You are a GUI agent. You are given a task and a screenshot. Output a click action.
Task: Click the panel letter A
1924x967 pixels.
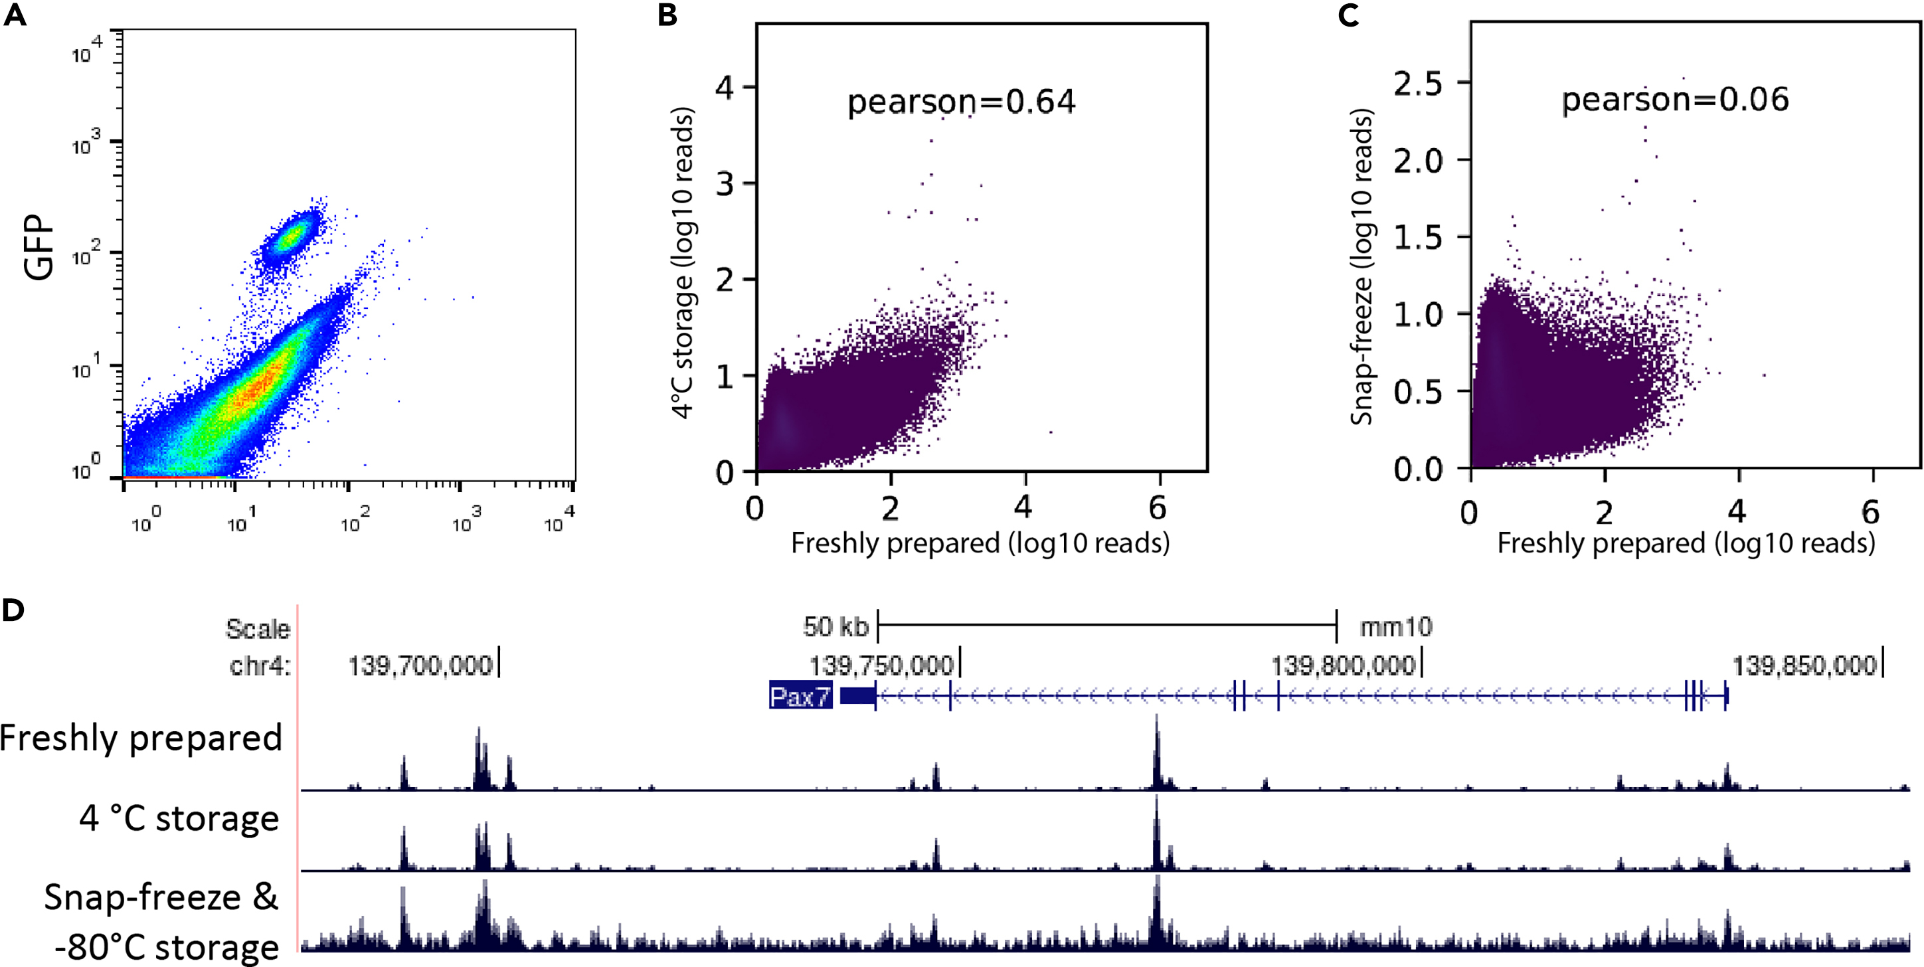click(x=15, y=15)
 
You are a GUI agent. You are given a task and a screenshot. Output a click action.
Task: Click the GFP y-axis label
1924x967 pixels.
click(x=39, y=248)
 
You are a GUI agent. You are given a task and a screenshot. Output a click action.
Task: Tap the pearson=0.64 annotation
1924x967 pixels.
click(x=960, y=102)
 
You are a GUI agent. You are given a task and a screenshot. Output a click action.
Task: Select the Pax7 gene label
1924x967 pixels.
click(x=800, y=696)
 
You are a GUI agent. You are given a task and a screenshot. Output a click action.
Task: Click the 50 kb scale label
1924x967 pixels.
click(x=835, y=626)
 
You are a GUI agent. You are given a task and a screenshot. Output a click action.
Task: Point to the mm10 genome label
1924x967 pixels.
click(x=1395, y=626)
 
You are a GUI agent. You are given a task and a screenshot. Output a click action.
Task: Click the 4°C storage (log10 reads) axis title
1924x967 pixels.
click(x=682, y=263)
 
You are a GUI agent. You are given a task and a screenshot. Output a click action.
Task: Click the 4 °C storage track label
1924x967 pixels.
click(x=179, y=818)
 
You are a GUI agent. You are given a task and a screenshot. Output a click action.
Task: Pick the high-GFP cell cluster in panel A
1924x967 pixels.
click(x=290, y=238)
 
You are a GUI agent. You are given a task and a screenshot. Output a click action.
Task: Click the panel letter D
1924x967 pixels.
click(x=13, y=610)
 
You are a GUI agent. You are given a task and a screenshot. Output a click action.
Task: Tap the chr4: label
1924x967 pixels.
click(x=259, y=665)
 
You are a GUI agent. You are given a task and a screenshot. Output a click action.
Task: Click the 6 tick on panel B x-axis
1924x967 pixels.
click(x=1158, y=509)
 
